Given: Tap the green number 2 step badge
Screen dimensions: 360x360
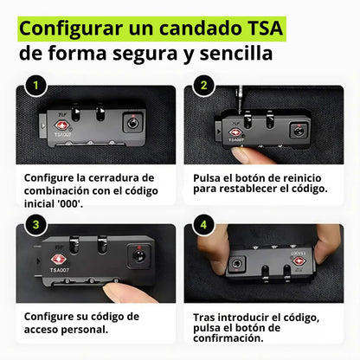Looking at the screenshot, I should tap(204, 87).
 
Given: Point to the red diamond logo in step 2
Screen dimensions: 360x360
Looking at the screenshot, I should tap(235, 133).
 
